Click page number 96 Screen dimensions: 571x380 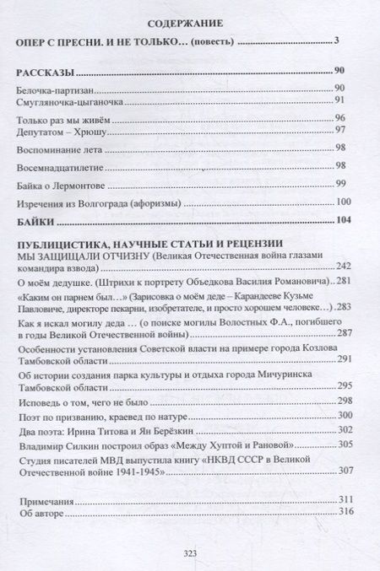coord(340,118)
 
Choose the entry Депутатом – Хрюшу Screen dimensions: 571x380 coord(57,131)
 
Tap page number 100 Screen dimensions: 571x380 coord(342,202)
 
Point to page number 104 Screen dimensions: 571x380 coord(339,222)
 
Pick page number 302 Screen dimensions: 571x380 coord(342,430)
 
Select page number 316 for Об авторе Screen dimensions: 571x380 coord(342,512)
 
